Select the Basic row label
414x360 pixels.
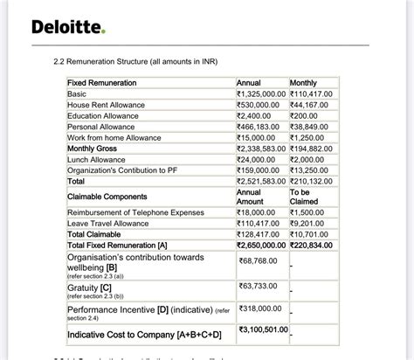(x=77, y=93)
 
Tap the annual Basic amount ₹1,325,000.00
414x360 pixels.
(x=261, y=93)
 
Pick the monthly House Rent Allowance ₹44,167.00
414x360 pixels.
(x=316, y=105)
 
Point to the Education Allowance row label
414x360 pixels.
(x=102, y=115)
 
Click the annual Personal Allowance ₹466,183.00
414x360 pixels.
(x=261, y=127)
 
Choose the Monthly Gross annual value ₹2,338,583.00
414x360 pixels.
(x=262, y=149)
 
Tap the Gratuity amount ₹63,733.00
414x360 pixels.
(x=259, y=286)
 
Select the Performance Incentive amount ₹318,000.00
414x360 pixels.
(x=260, y=308)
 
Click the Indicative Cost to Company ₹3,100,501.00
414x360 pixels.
(x=263, y=329)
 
